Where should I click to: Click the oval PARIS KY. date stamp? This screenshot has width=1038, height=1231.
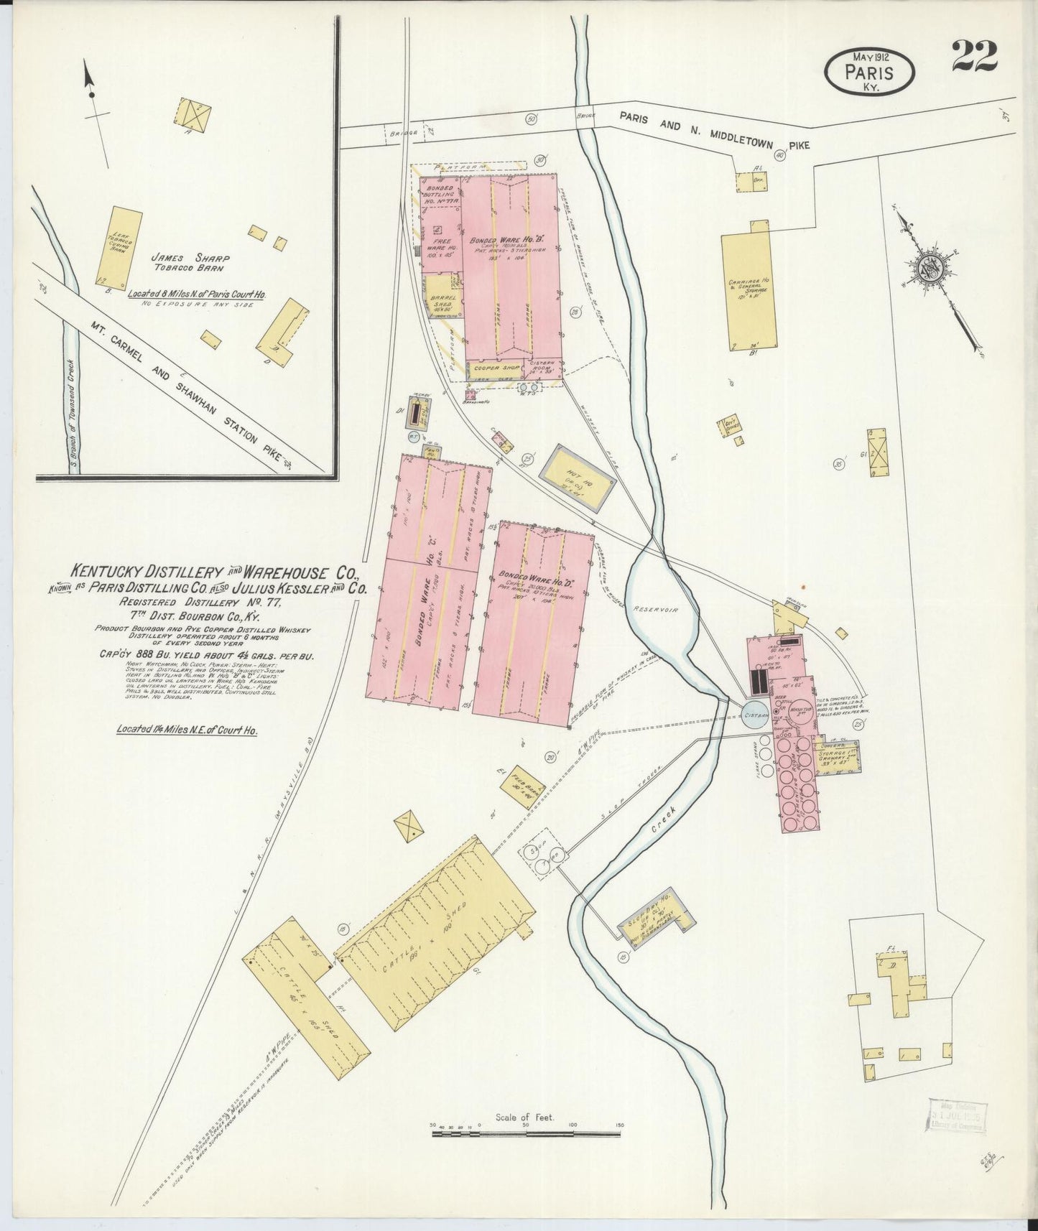pos(870,73)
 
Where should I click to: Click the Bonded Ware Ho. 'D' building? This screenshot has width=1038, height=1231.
pos(532,625)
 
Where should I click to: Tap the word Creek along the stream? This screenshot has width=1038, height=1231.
pos(660,821)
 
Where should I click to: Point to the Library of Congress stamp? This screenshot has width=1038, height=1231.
pos(958,1119)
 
